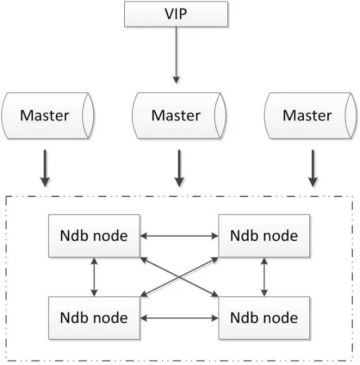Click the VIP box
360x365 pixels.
(176, 14)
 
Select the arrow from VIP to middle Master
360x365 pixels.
(176, 55)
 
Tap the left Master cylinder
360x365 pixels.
(48, 116)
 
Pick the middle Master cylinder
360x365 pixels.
(179, 116)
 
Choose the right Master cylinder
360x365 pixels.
(310, 116)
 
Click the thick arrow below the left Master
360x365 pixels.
(45, 168)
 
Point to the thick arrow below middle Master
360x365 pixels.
(179, 168)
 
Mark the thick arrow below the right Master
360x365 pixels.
(313, 168)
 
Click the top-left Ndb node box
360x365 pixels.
(94, 236)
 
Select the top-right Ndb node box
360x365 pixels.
(264, 236)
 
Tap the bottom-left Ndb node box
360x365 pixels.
(94, 318)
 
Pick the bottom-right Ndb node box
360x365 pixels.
(264, 318)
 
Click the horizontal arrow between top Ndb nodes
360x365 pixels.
(179, 236)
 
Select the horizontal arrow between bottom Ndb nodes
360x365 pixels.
(179, 318)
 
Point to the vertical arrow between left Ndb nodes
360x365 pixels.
(94, 277)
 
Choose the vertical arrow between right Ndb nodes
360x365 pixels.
(264, 277)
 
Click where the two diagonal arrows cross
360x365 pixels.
(179, 277)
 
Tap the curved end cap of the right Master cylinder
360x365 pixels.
(351, 116)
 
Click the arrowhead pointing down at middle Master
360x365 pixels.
(176, 80)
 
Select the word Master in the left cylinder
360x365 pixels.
(44, 115)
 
